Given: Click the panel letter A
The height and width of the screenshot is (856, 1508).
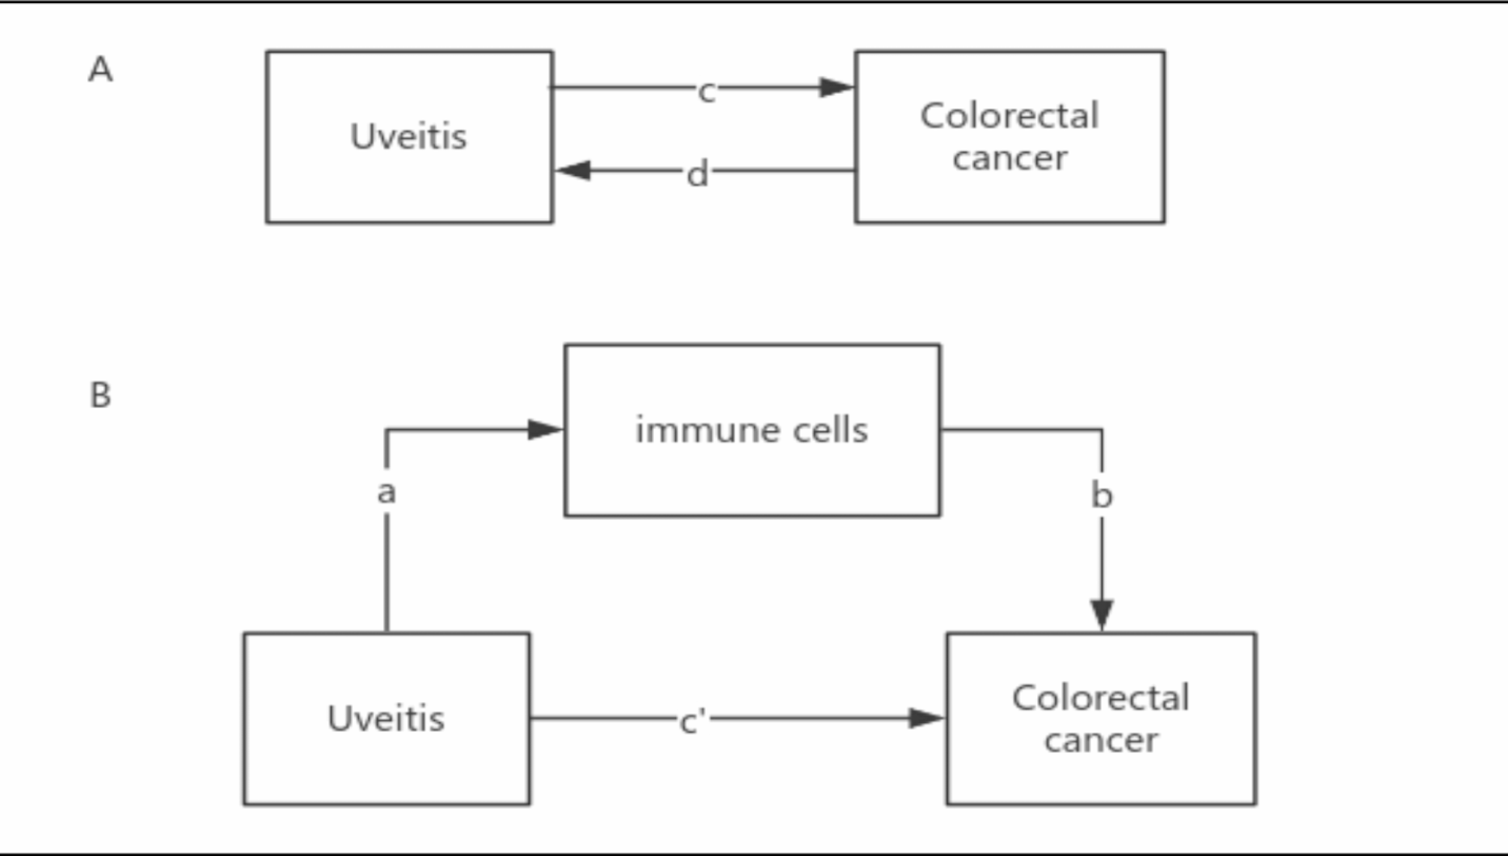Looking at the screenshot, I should click(x=101, y=70).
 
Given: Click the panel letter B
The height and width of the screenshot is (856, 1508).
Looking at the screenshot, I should click(x=101, y=395).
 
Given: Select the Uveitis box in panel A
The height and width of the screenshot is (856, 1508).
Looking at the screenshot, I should click(x=409, y=137).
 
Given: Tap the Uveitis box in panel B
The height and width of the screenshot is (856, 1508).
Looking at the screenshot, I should click(x=386, y=718).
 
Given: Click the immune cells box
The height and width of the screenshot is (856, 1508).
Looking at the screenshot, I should click(x=752, y=431).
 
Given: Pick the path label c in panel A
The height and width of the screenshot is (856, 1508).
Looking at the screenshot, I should click(x=706, y=91).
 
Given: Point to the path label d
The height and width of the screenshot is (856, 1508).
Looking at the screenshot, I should click(x=698, y=174).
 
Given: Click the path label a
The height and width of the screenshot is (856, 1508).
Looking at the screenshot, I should click(x=386, y=492).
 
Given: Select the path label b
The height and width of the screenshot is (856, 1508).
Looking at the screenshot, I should click(x=1101, y=495).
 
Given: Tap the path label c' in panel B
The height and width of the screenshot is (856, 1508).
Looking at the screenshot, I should click(x=692, y=721).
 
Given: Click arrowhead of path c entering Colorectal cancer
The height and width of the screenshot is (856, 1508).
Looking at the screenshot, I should click(x=836, y=88).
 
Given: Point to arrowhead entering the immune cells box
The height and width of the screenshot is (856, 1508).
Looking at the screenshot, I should click(x=545, y=430).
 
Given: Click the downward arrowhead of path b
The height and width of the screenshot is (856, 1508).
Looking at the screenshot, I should click(x=1102, y=614).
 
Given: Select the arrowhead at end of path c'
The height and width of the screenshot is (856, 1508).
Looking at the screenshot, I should click(x=925, y=718).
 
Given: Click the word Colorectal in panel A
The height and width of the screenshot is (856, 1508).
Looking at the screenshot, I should click(x=1009, y=116).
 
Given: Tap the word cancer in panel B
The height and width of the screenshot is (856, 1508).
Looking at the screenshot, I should click(x=1101, y=741).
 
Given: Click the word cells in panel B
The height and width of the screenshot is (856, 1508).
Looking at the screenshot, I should click(x=830, y=431).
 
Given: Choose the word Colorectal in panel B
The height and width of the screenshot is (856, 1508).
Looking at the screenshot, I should click(x=1100, y=698).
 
